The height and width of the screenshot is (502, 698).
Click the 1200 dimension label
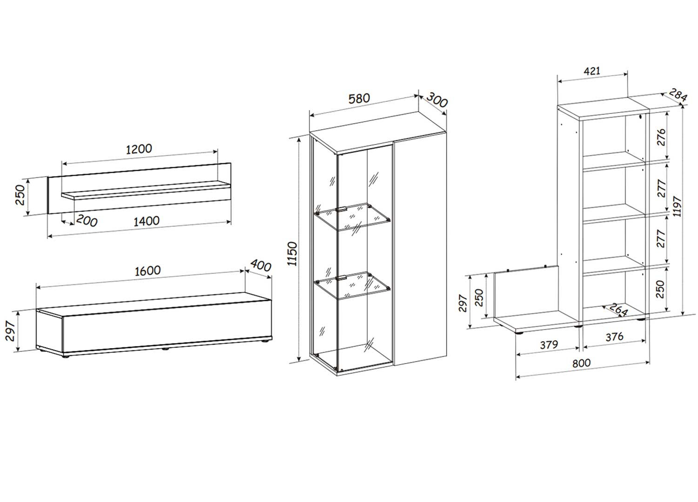click(139, 149)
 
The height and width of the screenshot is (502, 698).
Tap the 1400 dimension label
click(147, 221)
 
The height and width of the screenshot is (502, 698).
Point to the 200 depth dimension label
click(87, 221)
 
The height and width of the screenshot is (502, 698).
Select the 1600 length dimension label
click(148, 271)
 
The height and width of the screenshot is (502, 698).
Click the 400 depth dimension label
click(261, 265)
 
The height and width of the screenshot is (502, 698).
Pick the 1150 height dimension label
click(292, 254)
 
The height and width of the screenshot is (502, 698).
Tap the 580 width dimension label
click(359, 99)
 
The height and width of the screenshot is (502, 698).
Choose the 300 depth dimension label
click(437, 99)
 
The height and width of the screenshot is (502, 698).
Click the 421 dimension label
click(592, 71)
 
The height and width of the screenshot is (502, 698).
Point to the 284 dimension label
click(678, 95)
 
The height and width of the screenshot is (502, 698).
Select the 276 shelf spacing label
click(661, 137)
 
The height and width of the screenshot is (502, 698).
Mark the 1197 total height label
click(677, 206)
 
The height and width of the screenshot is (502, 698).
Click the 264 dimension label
click(619, 310)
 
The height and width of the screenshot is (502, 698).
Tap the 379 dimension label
click(549, 345)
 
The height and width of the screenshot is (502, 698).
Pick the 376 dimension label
click(615, 337)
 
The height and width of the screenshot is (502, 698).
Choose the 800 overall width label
click(582, 363)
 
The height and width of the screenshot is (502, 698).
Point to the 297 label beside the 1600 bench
click(10, 331)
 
